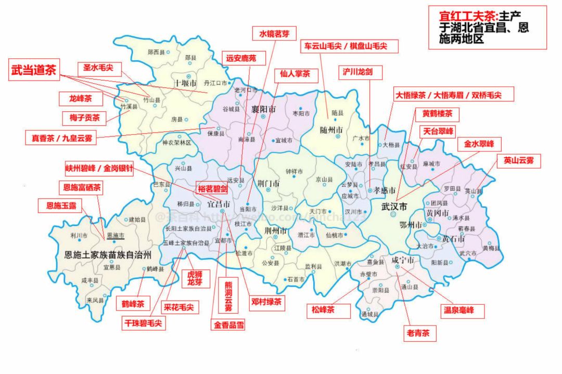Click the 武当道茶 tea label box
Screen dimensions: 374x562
(33, 71)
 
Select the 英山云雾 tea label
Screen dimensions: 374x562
(519, 161)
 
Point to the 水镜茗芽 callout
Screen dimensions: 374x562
(274, 34)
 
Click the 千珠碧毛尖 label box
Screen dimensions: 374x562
(143, 323)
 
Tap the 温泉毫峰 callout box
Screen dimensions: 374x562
(462, 312)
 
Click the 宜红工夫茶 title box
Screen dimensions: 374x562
(488, 28)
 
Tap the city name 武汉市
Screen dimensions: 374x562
(394, 207)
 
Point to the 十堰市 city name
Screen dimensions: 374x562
(185, 83)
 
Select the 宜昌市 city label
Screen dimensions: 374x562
(219, 204)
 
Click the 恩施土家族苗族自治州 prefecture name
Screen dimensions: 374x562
(108, 255)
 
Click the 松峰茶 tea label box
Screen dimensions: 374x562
(323, 311)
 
